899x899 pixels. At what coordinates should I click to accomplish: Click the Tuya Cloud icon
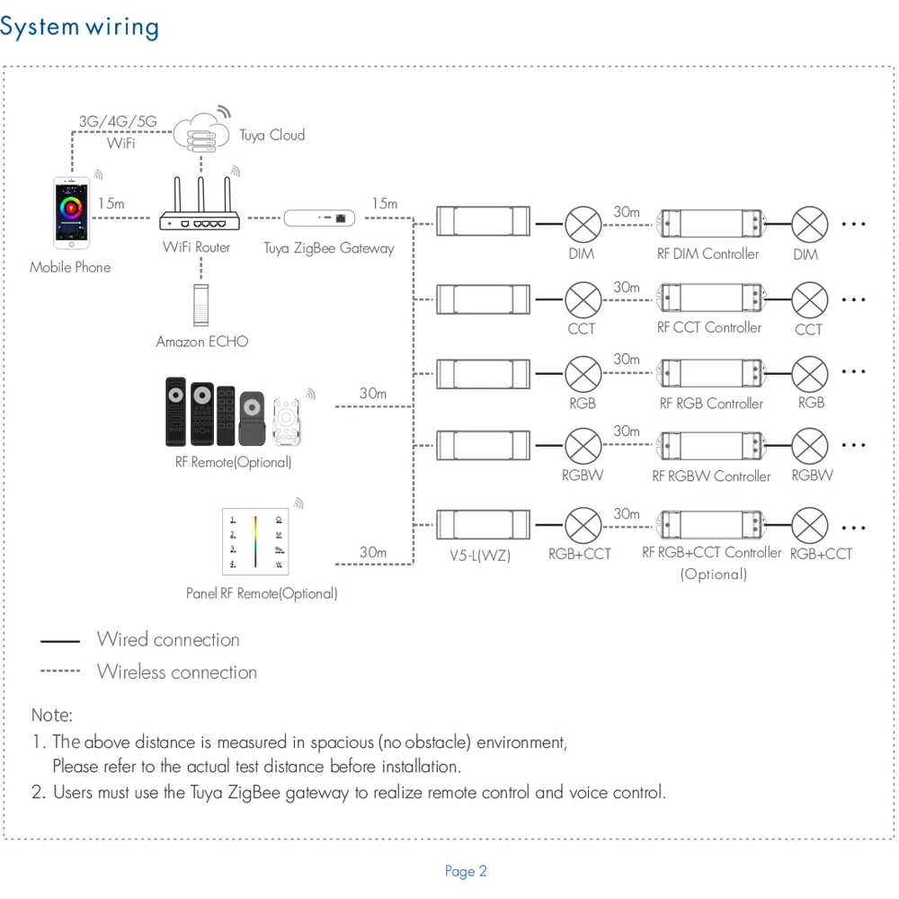coord(200,131)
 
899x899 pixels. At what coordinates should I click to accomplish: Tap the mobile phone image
coord(71,213)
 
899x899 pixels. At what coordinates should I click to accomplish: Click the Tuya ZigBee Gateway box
coord(320,218)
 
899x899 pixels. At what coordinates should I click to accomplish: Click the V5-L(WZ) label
coord(480,556)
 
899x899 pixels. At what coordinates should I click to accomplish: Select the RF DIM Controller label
coord(708,254)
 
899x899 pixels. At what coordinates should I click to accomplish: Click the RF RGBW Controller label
coord(711,476)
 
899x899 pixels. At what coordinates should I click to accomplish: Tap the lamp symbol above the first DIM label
coord(582,223)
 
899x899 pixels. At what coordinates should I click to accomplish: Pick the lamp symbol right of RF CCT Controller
coord(809,298)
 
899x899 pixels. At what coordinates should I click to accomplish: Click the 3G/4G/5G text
coord(118,120)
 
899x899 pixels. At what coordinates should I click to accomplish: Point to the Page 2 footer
coord(466,871)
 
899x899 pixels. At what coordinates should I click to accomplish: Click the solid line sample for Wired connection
coord(60,641)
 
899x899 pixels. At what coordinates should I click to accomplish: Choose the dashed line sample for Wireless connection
coord(60,672)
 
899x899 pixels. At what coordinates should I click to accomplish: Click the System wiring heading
coord(79,27)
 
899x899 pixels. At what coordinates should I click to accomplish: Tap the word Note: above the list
coord(52,716)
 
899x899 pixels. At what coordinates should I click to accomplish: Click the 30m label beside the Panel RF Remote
coord(373,552)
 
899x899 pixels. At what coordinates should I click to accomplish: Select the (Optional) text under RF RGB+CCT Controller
coord(713,574)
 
